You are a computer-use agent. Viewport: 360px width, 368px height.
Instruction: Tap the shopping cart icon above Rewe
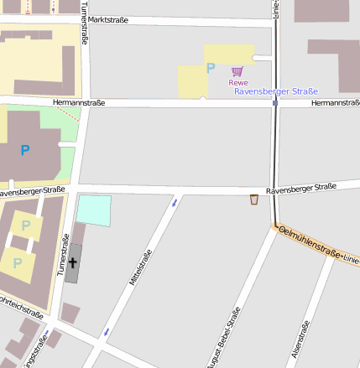click(x=237, y=71)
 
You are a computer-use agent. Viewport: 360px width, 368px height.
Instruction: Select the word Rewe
click(x=238, y=82)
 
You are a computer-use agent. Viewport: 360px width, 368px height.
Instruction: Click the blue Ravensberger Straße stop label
click(x=276, y=91)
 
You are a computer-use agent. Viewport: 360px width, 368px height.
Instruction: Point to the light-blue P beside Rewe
click(x=211, y=68)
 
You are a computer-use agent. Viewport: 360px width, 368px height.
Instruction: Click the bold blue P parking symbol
click(x=25, y=150)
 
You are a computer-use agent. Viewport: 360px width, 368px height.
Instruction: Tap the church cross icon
click(x=73, y=263)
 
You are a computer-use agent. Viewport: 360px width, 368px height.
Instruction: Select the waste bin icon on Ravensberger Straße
click(x=254, y=200)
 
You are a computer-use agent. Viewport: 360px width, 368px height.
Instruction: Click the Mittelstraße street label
click(x=140, y=267)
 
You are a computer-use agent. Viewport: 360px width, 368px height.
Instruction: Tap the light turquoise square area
click(x=93, y=210)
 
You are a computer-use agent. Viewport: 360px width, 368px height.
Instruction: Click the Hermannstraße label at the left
click(x=78, y=102)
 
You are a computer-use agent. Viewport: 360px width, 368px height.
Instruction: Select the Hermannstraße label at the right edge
click(x=335, y=103)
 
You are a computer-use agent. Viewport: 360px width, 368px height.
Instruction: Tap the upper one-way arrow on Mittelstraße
click(x=175, y=202)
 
